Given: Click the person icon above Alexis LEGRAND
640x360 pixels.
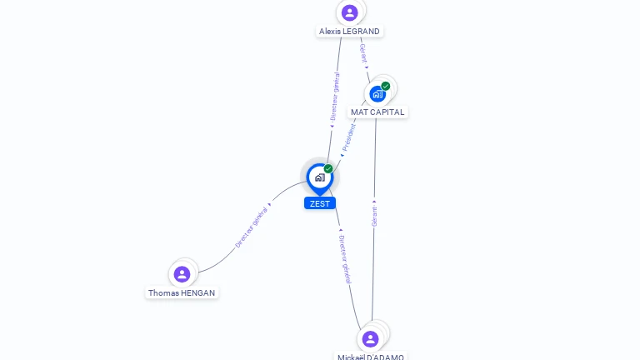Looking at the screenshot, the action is point(349,12).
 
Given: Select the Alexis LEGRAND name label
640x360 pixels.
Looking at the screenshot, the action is point(349,32).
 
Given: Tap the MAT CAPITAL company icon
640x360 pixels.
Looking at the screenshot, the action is point(377,93).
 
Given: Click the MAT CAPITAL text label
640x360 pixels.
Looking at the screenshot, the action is point(377,112).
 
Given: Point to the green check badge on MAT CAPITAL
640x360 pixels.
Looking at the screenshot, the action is point(386,86).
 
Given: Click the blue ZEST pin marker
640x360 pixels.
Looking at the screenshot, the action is point(319,177).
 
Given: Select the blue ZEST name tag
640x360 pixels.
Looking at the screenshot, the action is point(319,203).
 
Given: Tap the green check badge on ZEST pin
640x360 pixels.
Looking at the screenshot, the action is point(328,169).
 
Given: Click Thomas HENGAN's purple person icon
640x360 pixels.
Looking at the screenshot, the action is point(182,274).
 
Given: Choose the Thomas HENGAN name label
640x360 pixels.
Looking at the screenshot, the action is point(182,293).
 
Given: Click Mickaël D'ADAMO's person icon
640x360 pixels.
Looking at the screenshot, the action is point(370,339).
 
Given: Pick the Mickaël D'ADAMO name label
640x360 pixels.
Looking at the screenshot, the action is point(371,357).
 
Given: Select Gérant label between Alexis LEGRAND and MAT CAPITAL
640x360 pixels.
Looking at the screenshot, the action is point(363,54).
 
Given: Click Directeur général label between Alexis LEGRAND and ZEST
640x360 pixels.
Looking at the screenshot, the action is point(334,97).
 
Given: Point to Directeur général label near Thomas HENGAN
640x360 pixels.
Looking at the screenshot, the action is point(252,227).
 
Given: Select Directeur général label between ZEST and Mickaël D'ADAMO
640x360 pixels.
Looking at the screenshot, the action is point(345,258).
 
